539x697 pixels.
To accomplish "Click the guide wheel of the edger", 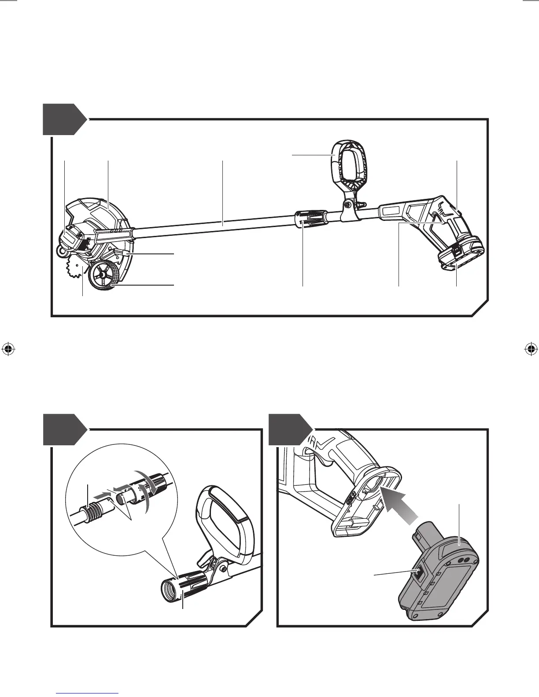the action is tap(104, 275).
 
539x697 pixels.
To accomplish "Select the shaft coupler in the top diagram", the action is tap(310, 219).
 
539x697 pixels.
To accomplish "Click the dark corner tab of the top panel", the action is tap(62, 119).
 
